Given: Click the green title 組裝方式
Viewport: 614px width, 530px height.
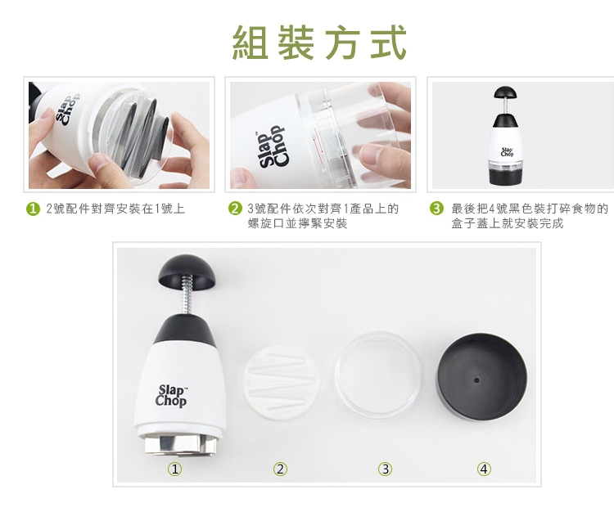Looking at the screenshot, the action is point(319,43).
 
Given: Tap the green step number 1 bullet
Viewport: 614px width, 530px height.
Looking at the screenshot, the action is point(34,209).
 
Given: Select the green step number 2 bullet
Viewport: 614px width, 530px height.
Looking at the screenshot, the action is point(235,209).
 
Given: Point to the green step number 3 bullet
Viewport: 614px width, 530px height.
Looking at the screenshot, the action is point(436,209).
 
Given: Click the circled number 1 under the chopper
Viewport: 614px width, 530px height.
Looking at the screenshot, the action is point(174,469).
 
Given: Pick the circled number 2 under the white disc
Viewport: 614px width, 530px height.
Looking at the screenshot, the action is point(280,469).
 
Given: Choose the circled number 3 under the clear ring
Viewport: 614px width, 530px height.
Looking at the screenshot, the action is point(386,469).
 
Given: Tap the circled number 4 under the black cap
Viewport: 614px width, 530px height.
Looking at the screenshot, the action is point(484,469).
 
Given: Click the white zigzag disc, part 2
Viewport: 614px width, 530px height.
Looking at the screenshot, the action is point(279,383).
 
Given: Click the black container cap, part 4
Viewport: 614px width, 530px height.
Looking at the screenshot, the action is point(481,377).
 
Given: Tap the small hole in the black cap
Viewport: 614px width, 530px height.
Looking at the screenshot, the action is point(476,380).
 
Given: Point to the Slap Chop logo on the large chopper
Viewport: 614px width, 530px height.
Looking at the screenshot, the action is point(171,395).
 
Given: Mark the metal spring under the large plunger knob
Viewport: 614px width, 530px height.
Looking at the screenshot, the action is point(188,294).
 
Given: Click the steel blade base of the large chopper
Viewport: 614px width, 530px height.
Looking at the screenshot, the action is point(178,445).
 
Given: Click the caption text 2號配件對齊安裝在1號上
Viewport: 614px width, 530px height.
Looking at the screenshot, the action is point(115,209).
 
